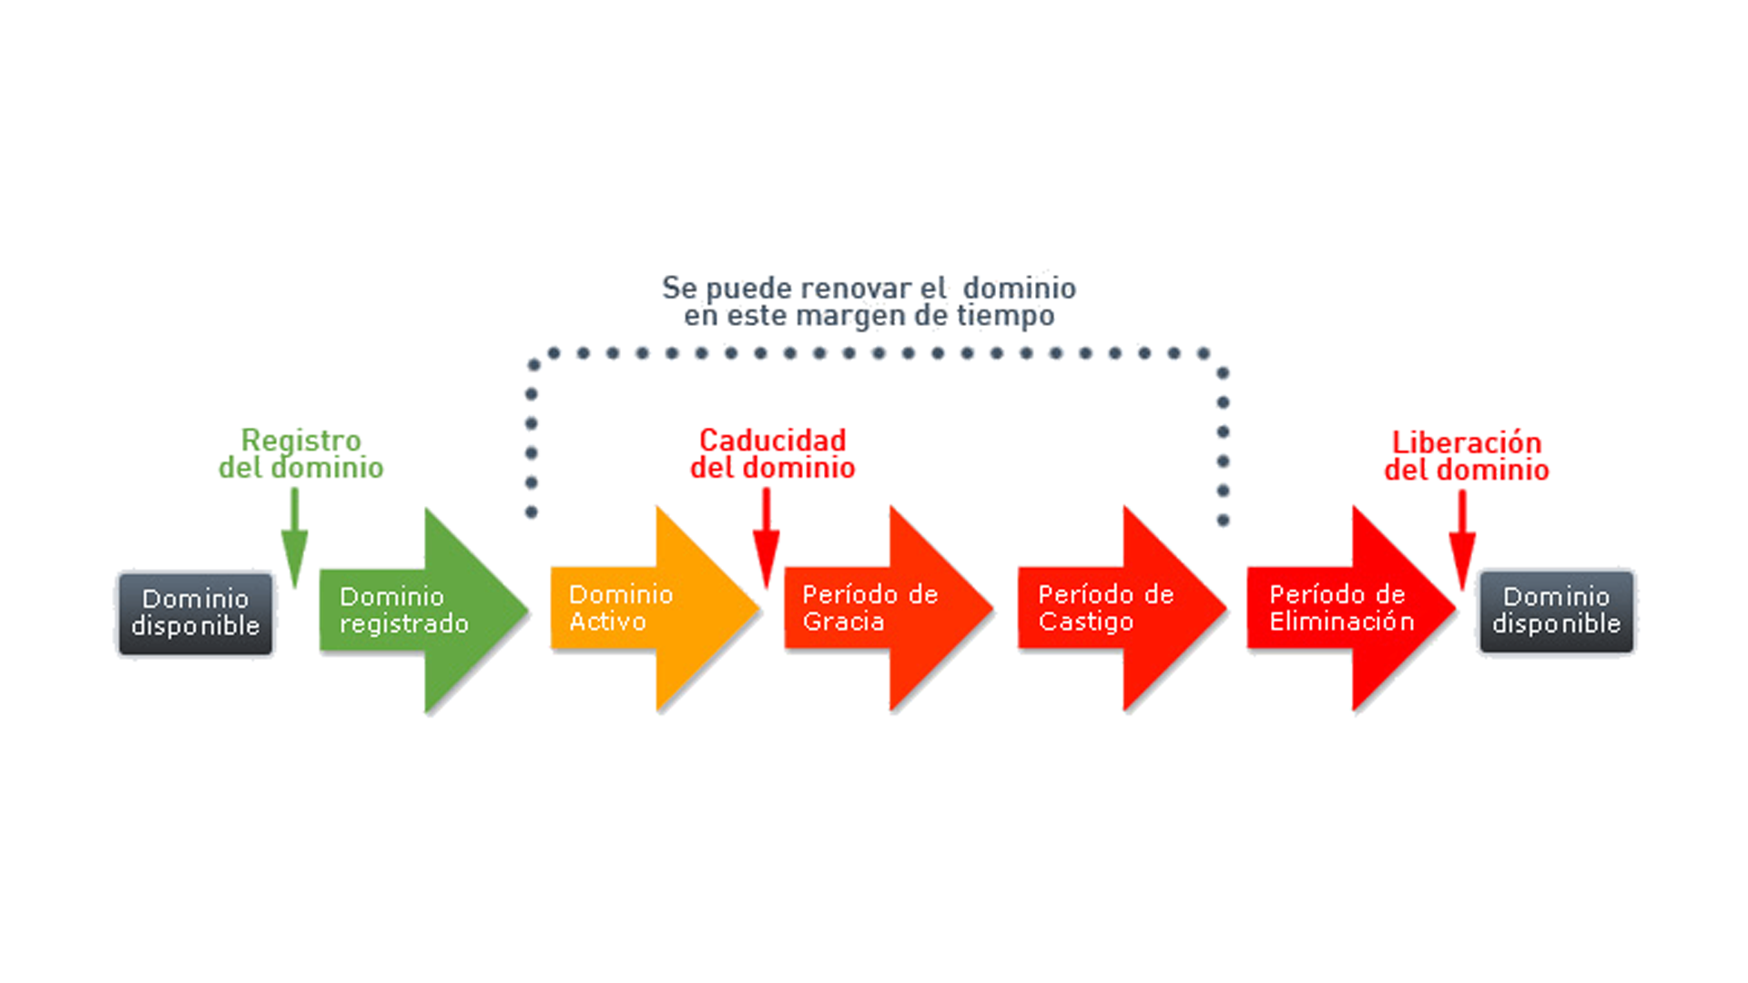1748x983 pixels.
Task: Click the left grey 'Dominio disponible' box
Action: point(195,613)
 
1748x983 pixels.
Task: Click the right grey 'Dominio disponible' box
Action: point(1556,611)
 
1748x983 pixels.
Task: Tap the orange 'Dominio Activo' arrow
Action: point(655,609)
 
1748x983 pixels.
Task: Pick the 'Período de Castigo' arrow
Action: point(1123,609)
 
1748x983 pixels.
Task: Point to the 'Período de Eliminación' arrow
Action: point(1352,609)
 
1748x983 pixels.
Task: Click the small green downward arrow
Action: point(294,538)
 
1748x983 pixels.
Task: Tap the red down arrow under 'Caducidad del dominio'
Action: point(767,538)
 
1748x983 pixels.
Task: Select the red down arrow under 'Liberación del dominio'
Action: point(1462,540)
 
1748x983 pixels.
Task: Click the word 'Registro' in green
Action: point(300,441)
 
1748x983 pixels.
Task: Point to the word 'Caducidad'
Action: point(772,441)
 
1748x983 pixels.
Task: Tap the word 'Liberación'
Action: point(1467,442)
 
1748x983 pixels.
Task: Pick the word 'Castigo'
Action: point(1086,622)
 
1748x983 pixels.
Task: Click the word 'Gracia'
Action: point(843,622)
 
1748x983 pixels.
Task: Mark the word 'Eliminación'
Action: point(1342,622)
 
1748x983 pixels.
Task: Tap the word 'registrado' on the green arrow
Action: point(404,624)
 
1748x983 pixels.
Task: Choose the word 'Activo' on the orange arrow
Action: point(607,622)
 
